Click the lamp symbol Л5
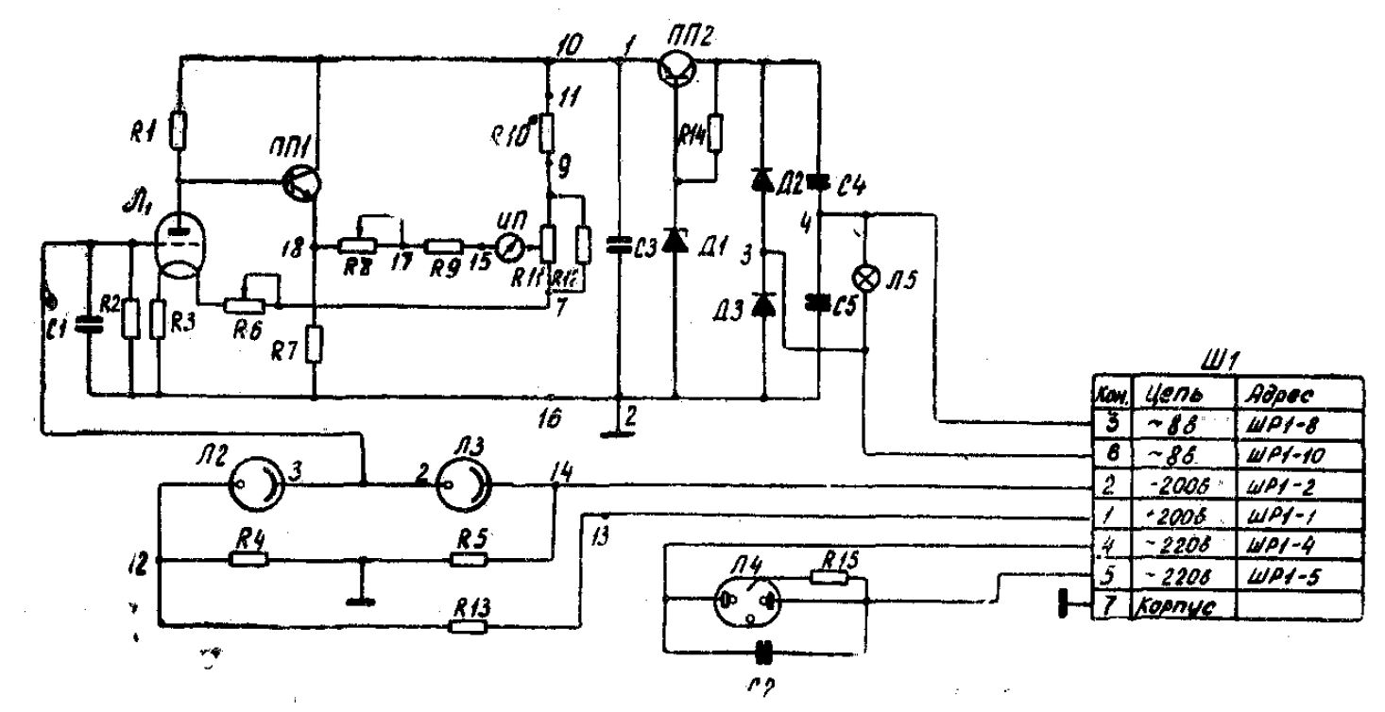pos(863,278)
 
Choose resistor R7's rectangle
pos(316,347)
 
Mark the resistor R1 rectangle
pos(178,130)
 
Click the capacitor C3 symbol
pos(619,246)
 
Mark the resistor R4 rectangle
pos(248,559)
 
